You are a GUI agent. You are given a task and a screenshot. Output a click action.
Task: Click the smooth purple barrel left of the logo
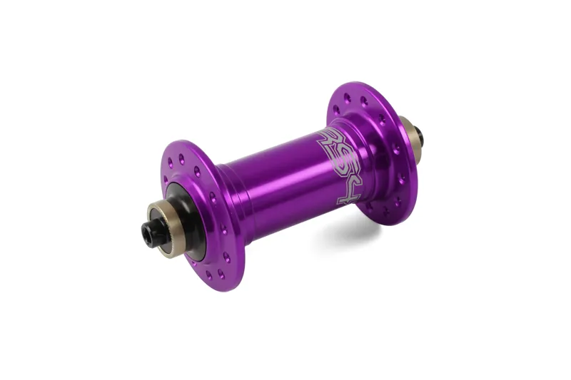click(271, 178)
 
